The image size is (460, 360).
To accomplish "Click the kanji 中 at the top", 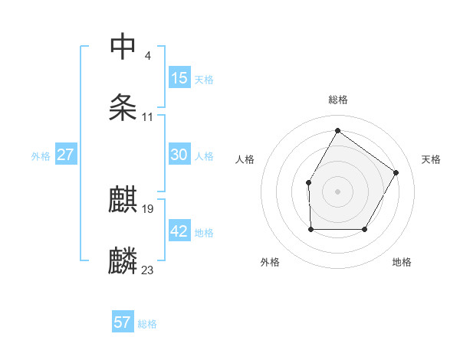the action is pos(123,47).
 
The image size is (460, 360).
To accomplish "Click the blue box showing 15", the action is pos(179,78).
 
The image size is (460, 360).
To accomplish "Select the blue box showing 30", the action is pos(179,155).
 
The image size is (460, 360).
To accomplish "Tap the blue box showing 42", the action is pos(179,231).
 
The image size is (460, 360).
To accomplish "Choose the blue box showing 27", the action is pos(65,155).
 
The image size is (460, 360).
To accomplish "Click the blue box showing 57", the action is pos(123,322).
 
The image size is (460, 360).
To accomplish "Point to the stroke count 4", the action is pos(147,55).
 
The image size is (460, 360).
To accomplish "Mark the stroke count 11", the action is pos(147,117).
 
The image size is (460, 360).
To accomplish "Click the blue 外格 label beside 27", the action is pos(41,155).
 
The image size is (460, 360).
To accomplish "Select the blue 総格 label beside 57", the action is pos(147,323).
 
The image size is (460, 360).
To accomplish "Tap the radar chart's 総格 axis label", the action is pos(337,100).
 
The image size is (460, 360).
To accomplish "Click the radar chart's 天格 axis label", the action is pos(431,159).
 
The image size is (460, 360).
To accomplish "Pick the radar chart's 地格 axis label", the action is pos(402,262).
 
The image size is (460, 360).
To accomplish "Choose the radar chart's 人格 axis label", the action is pos(245,159).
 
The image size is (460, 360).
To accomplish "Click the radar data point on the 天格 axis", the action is pos(396,172).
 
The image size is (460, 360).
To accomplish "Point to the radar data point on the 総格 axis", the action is pos(337,131).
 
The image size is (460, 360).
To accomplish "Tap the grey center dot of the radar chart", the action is pos(337,191).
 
